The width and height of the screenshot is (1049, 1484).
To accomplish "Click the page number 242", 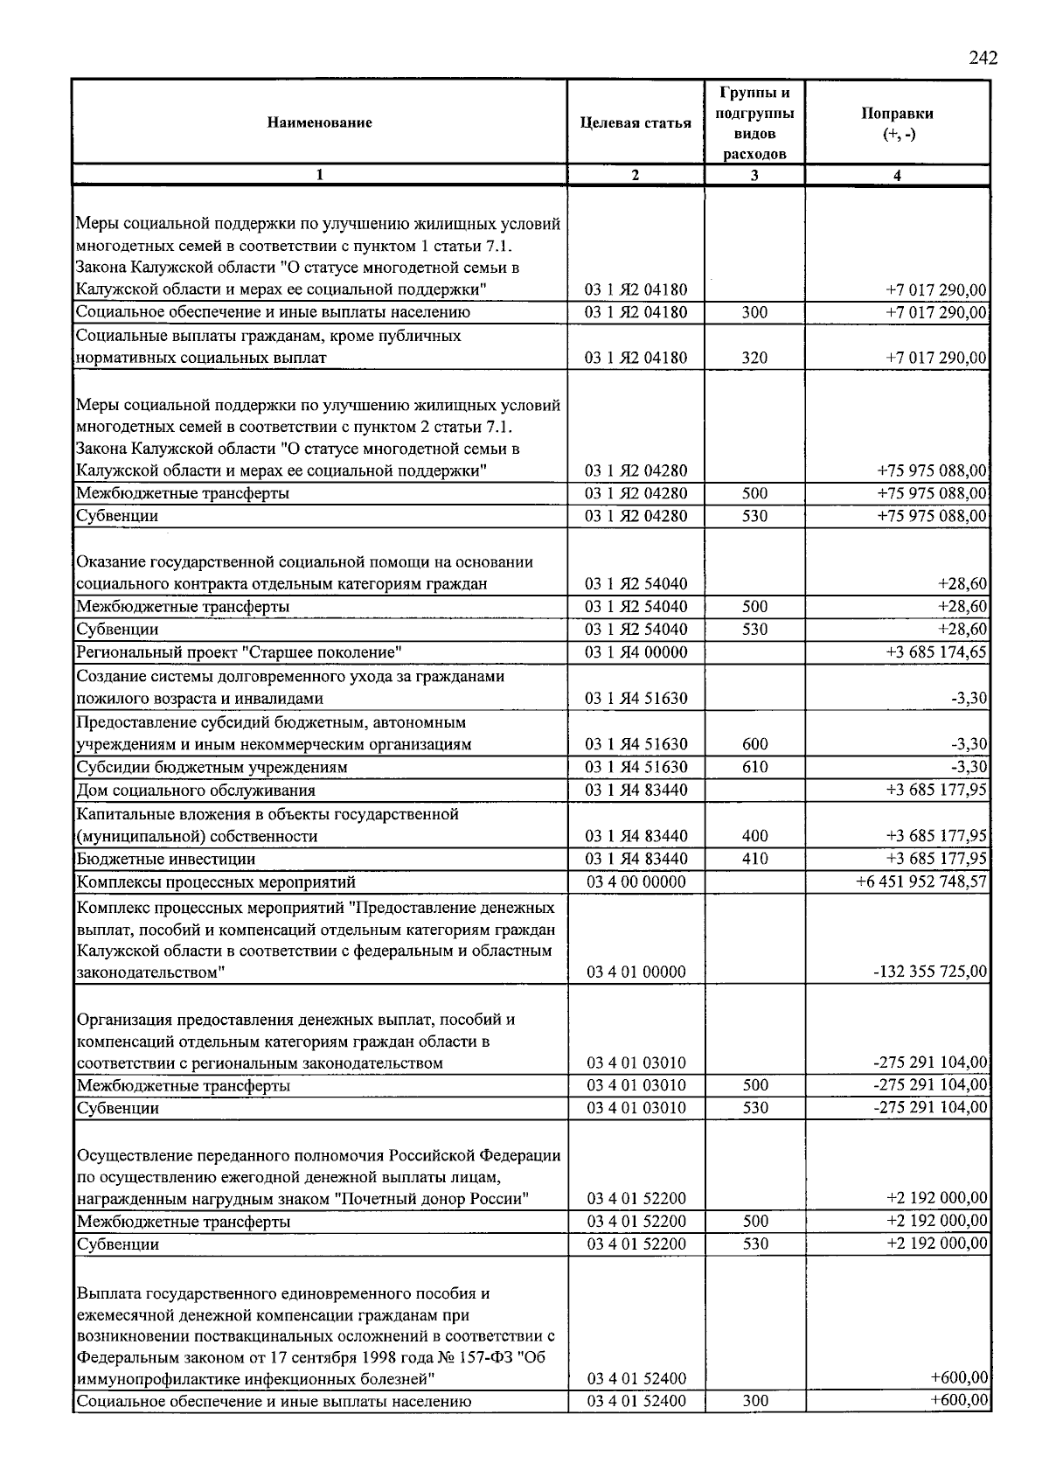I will tap(983, 59).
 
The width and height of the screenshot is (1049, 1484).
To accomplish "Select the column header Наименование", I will tap(319, 122).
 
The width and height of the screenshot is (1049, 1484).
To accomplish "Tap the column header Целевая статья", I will tap(636, 122).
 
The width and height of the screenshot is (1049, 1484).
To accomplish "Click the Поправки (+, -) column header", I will tap(897, 123).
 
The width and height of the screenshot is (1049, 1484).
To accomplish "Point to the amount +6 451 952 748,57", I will tap(922, 881).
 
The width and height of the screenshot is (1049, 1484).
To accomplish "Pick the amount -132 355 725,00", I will tap(930, 971).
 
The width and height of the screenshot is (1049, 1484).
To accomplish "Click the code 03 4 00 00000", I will tap(636, 881).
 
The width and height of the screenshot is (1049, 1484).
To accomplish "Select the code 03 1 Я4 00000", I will tap(636, 651).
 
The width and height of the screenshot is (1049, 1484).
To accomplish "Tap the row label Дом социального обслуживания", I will tap(196, 791).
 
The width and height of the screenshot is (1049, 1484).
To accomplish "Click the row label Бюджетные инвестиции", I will tap(166, 859).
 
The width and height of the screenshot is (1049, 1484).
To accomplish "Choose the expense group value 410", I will tap(754, 859).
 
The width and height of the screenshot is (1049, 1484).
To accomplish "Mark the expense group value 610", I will tap(754, 767).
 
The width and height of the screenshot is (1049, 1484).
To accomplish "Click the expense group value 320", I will tap(754, 358).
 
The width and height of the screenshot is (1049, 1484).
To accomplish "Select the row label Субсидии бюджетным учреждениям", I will tap(212, 767).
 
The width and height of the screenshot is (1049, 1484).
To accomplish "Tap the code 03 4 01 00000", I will tap(636, 971).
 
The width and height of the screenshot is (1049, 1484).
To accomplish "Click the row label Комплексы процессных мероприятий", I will tap(216, 881).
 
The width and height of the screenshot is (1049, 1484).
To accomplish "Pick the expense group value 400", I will tap(754, 836).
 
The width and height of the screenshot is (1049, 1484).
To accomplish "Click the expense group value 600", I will tap(754, 744).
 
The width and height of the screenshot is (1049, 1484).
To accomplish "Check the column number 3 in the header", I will tap(754, 175).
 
